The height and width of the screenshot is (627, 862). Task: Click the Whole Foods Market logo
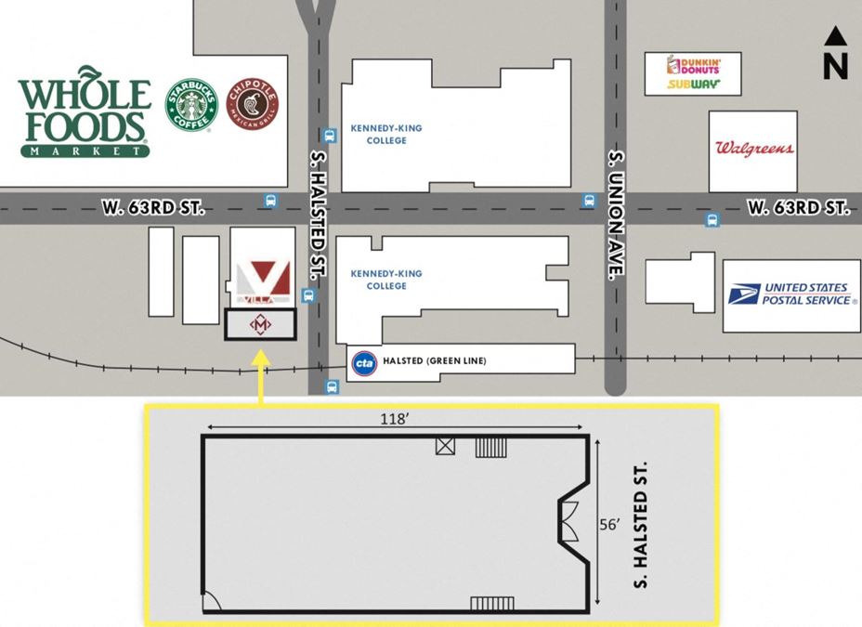coord(84,111)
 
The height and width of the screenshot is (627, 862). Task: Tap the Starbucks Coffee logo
coord(190,105)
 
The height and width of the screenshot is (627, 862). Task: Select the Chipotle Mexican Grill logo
coord(251,104)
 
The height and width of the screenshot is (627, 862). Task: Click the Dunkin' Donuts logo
coord(692,65)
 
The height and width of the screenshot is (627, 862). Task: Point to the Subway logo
coord(692,85)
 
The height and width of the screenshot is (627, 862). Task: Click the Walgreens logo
coord(753,149)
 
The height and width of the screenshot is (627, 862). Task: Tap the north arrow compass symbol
coord(835,52)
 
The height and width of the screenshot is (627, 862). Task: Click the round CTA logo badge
coord(364,361)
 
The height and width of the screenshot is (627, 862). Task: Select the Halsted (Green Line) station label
coord(434,360)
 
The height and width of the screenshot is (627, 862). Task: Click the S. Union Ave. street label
coord(614,215)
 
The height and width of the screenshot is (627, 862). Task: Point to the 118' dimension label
coord(395,419)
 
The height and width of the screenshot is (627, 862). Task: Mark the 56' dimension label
coord(609,523)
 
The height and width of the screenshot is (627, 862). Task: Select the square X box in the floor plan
coord(446,447)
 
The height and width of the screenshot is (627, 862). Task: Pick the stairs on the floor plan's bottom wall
coord(491,604)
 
